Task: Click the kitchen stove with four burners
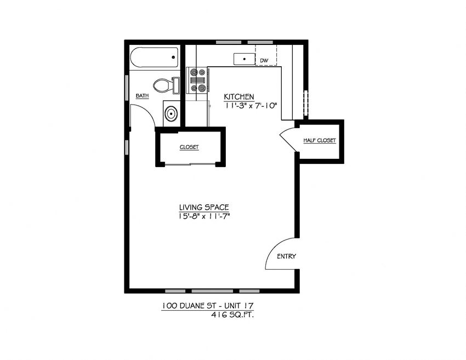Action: pos(197,80)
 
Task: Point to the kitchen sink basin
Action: pos(243,59)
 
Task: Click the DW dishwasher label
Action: pos(264,60)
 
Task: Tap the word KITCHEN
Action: pos(238,97)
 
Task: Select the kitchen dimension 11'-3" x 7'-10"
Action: pos(251,106)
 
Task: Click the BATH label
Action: pos(142,96)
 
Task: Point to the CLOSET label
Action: pos(189,147)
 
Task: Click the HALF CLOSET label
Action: pos(320,141)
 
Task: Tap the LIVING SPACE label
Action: pos(203,207)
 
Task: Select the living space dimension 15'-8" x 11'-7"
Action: pos(203,216)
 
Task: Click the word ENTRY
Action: pos(286,256)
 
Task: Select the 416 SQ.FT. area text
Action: pos(233,315)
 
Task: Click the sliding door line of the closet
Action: pos(190,163)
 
